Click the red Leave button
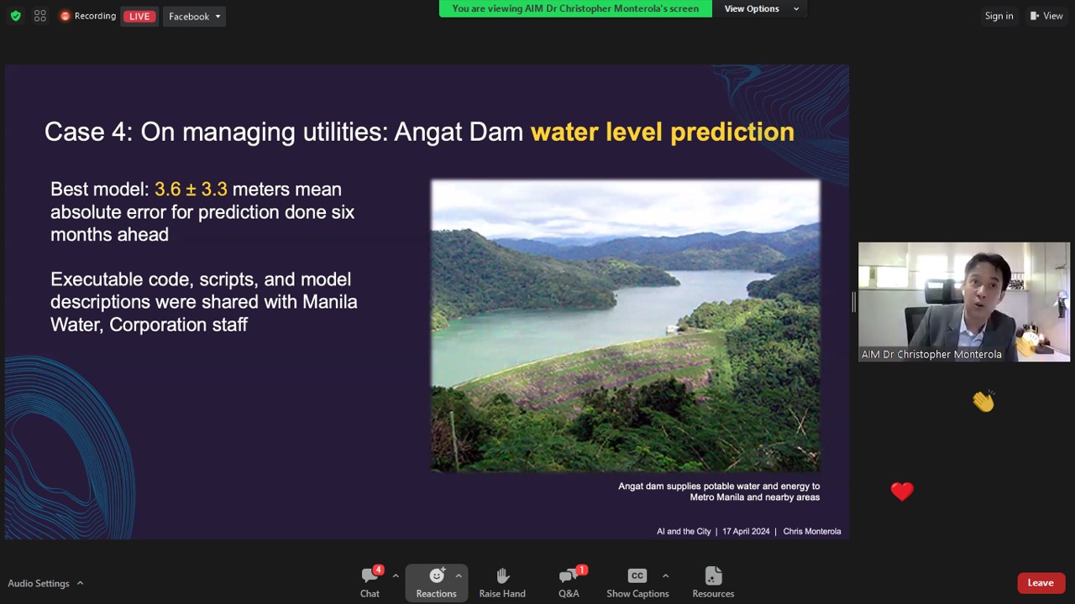(1041, 583)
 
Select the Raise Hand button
(502, 583)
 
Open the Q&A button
(569, 583)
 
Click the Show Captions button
(637, 583)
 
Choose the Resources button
(713, 583)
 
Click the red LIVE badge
(139, 16)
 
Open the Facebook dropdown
(194, 16)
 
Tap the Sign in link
(999, 16)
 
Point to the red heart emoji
(902, 492)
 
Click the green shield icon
(16, 16)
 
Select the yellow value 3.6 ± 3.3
(191, 190)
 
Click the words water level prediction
(663, 133)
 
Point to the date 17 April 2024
(746, 531)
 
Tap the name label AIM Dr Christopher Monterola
(931, 354)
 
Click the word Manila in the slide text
(330, 302)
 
